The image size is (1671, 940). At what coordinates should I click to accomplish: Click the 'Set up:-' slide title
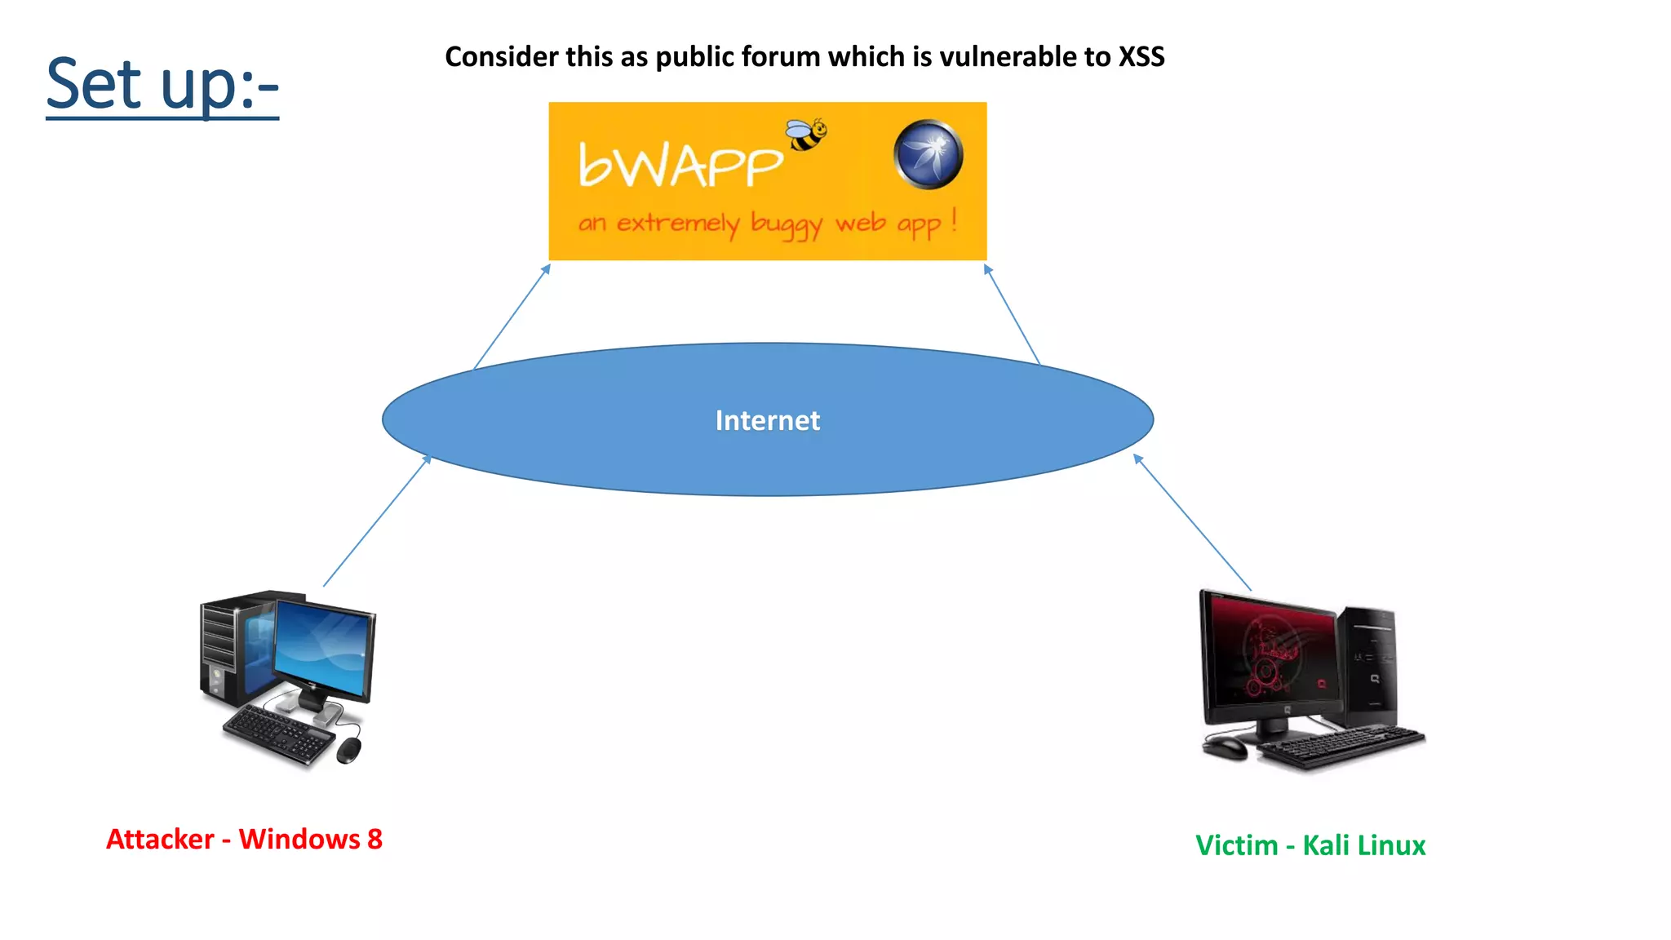coord(162,85)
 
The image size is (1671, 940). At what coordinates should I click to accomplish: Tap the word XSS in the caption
coord(1141,57)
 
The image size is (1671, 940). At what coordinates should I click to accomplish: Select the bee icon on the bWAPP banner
coord(806,135)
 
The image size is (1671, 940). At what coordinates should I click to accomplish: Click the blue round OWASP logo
coord(928,154)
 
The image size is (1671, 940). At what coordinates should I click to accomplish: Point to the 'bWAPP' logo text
coord(680,165)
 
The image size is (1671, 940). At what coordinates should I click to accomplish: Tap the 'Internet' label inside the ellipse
coord(767,420)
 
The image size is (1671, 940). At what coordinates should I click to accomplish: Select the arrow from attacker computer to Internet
coord(376,521)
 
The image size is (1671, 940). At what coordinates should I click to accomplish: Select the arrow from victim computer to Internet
coord(1192,522)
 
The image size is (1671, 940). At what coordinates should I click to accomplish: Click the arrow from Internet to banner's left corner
coord(512,317)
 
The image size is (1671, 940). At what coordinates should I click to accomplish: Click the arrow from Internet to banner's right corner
coord(1012,314)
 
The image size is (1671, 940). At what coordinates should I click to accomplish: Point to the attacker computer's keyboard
coord(277,734)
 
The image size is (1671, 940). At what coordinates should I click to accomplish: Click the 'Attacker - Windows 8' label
coord(244,839)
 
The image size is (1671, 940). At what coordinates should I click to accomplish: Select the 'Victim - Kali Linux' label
coord(1310,845)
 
